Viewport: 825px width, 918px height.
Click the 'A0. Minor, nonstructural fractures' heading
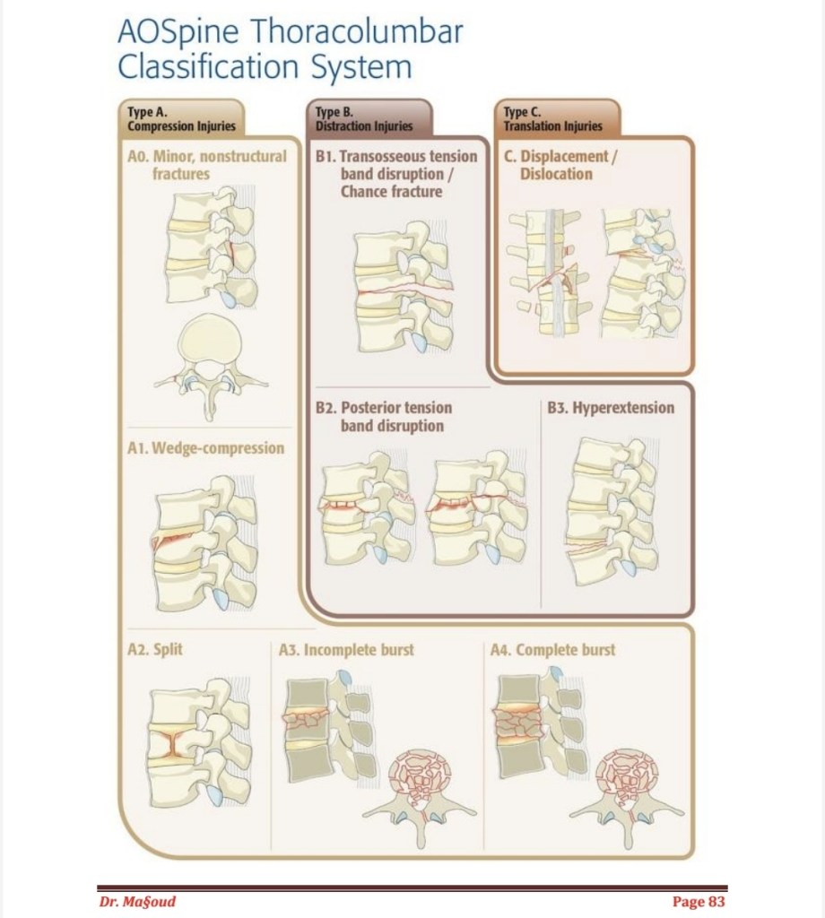tap(207, 164)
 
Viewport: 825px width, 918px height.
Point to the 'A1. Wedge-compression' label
tap(205, 447)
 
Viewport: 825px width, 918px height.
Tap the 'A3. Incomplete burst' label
tap(346, 649)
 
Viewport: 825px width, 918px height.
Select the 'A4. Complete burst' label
tap(553, 649)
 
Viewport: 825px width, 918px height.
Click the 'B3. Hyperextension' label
tap(611, 408)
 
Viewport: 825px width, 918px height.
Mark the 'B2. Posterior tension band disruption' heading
tap(384, 417)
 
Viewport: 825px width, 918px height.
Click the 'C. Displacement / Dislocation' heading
tap(560, 164)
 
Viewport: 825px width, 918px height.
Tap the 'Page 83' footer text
tap(698, 901)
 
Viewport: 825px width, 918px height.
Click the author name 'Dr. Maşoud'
tap(137, 901)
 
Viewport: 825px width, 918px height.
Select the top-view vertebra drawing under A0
tap(211, 363)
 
